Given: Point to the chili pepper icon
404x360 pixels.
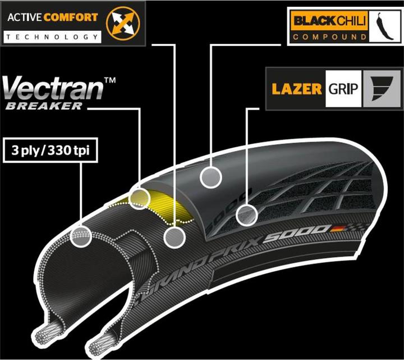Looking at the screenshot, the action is click(x=383, y=26).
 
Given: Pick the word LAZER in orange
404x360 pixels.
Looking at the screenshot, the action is click(x=296, y=89).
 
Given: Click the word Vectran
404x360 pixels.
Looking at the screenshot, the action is click(x=53, y=90).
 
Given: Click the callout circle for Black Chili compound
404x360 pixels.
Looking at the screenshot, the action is click(x=211, y=176).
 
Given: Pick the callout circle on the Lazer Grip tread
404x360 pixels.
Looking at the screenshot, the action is click(x=246, y=214).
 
